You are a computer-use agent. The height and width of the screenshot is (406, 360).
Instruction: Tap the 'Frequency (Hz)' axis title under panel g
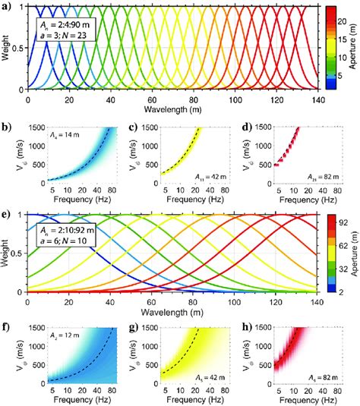[x=180, y=401]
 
